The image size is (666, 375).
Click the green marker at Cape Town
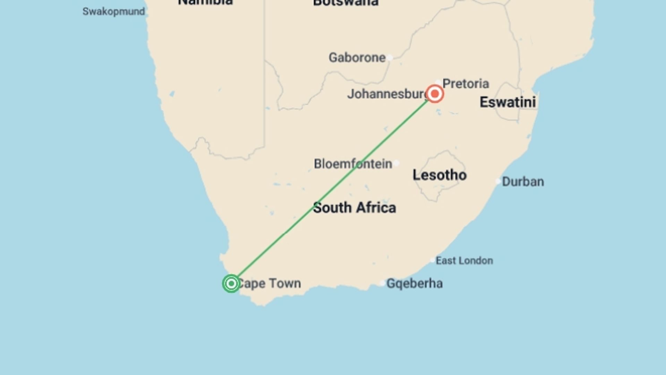click(231, 284)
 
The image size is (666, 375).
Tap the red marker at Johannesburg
click(435, 94)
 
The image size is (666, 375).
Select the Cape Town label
click(269, 283)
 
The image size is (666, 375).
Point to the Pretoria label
click(466, 84)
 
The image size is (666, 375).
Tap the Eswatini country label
click(507, 102)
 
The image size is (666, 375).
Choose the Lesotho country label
click(439, 175)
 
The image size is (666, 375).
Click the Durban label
click(523, 182)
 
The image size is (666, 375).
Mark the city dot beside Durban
click(498, 181)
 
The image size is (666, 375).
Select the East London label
click(464, 260)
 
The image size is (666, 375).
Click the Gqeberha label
click(415, 283)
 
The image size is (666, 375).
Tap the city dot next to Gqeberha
click(382, 283)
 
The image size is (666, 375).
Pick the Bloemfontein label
click(353, 164)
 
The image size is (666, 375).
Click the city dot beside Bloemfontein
click(396, 163)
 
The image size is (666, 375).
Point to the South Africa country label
click(354, 208)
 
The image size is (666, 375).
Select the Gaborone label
click(357, 57)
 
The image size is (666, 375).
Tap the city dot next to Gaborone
click(390, 58)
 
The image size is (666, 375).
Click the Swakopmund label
click(113, 11)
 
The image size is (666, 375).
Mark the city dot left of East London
click(432, 260)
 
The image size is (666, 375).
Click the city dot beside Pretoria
click(438, 82)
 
